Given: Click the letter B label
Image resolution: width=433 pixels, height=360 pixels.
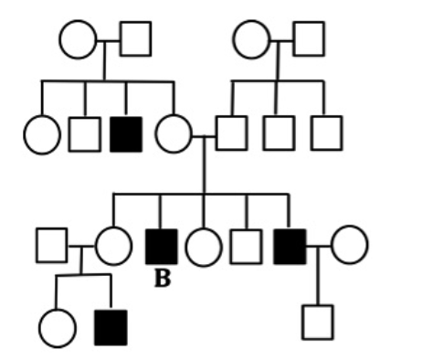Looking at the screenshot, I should (162, 280).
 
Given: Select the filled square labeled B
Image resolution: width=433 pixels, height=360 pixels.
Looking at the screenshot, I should (162, 246).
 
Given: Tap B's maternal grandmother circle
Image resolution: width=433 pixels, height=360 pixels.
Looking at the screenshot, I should (78, 39).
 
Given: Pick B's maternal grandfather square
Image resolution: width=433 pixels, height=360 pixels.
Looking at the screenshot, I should (134, 39).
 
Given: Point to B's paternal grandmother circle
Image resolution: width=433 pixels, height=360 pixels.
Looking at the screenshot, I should (251, 39).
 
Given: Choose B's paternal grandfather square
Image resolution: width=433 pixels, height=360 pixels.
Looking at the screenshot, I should (308, 39).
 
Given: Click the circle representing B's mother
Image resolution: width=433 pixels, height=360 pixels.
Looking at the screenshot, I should (174, 134).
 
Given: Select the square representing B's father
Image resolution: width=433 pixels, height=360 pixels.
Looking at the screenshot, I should (231, 133).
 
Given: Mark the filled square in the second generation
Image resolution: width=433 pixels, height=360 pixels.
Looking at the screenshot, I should (126, 133).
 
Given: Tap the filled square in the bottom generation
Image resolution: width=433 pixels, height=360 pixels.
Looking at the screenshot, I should (111, 327).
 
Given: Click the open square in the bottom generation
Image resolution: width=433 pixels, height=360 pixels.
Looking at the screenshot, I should (317, 322).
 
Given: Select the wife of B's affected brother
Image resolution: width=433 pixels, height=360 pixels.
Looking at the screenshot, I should (349, 244).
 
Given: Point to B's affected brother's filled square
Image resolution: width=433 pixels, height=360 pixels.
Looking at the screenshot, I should (290, 246).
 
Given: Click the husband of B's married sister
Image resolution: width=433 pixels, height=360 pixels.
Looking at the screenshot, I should (52, 245).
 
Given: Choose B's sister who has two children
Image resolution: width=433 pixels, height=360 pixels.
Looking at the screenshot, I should (113, 245).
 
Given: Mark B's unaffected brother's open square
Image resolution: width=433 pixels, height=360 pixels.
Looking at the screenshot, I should (246, 246).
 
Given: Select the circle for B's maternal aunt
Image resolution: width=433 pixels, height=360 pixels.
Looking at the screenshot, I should (41, 135).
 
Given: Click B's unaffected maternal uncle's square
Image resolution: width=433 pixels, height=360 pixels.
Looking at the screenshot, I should (84, 134).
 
